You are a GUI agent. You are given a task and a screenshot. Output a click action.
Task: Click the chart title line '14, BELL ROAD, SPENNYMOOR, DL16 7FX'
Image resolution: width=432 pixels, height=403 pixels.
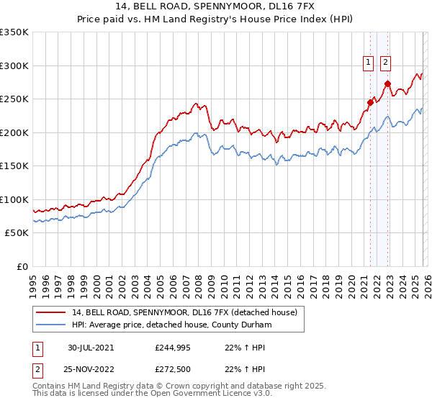(x=216, y=6)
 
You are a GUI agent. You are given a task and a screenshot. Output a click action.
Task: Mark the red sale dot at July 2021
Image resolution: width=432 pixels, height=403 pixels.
(x=370, y=102)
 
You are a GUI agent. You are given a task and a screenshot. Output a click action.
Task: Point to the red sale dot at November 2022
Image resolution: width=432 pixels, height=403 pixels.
(x=387, y=83)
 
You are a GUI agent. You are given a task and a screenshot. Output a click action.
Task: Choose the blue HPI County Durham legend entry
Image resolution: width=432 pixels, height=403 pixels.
(x=164, y=325)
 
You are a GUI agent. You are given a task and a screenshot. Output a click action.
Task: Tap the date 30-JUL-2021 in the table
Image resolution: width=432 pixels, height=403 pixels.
(x=90, y=348)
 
